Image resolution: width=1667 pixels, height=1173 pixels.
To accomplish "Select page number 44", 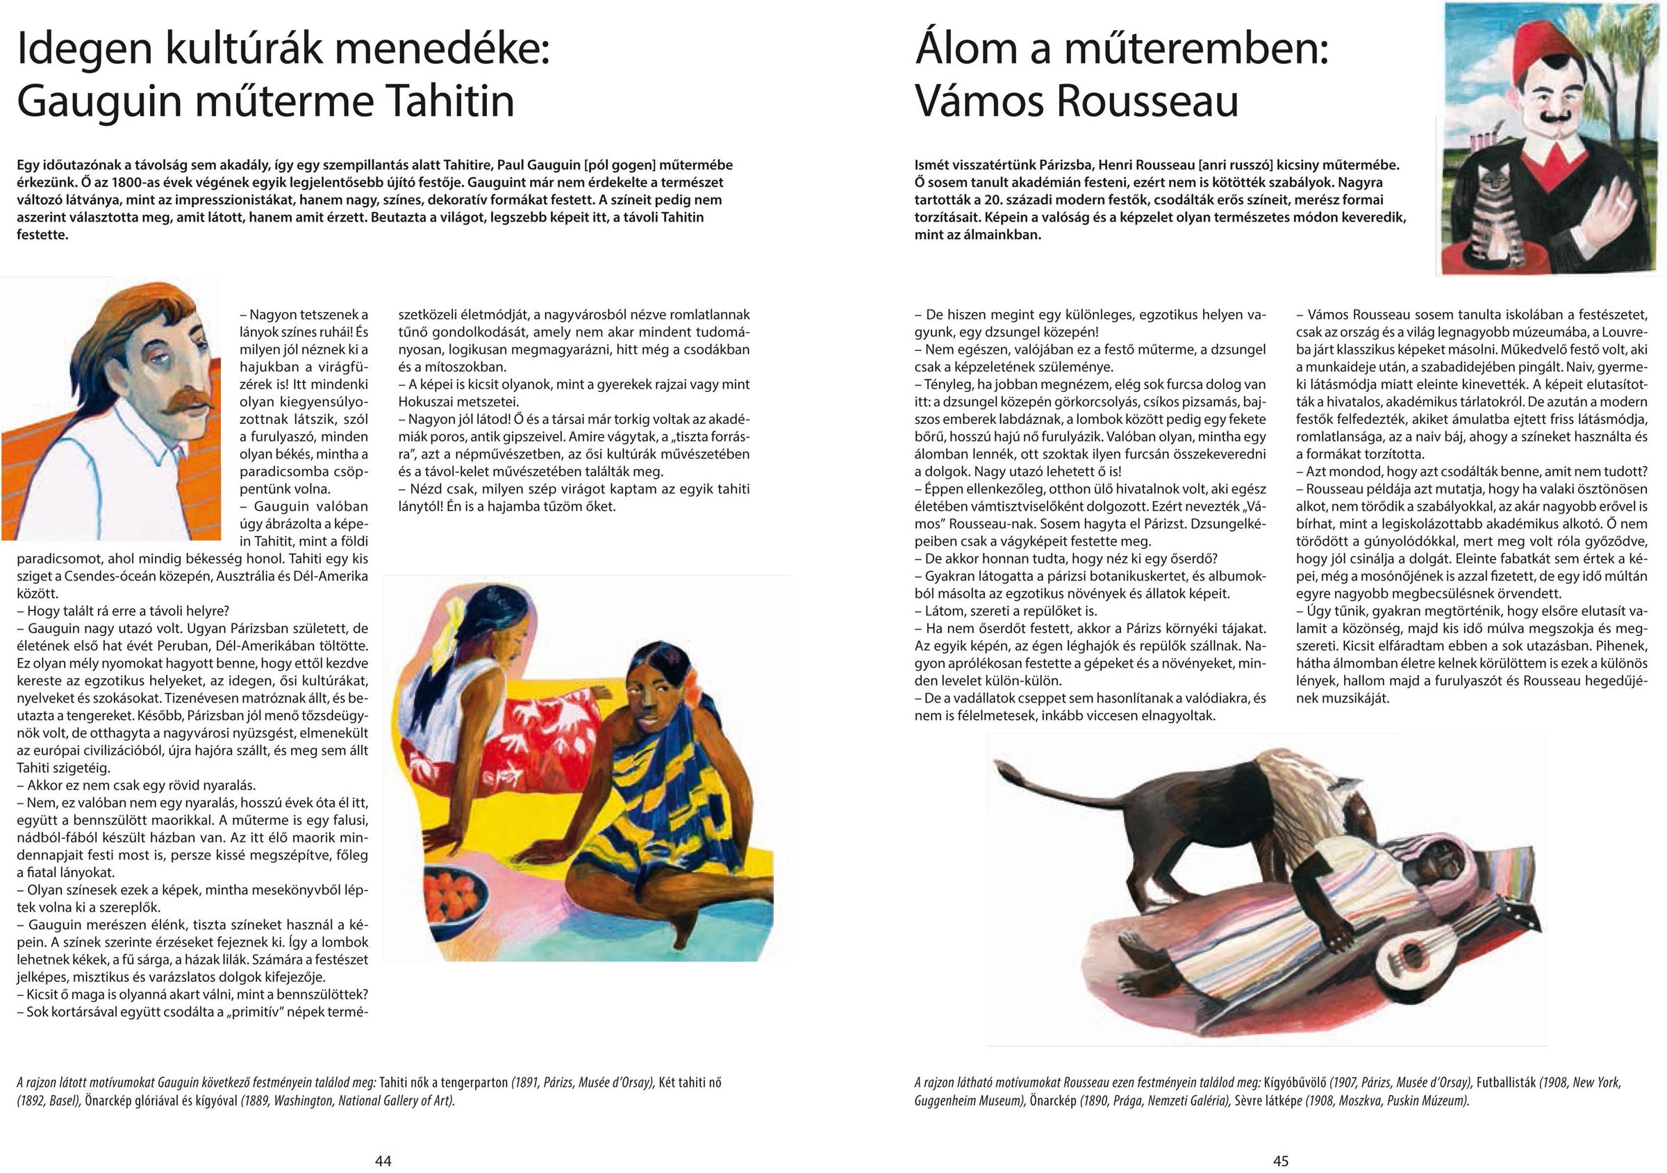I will point(383,1160).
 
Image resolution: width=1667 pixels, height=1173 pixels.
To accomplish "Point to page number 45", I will point(1281,1160).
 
